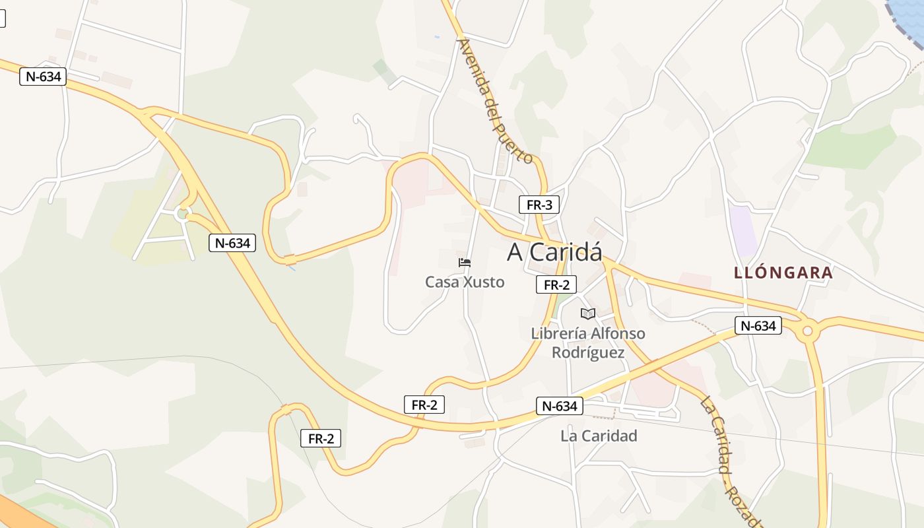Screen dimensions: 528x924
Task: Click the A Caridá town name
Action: [554, 251]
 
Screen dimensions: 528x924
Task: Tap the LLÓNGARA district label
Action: [783, 273]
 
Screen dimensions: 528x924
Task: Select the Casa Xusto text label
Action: [465, 282]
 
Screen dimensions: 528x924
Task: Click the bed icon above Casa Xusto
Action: [465, 262]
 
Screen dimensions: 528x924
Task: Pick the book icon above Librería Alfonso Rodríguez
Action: [588, 313]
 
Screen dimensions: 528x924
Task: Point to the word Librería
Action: [559, 333]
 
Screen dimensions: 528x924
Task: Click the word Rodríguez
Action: [588, 352]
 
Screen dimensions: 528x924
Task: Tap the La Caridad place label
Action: [599, 436]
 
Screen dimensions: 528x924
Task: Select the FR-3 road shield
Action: [539, 205]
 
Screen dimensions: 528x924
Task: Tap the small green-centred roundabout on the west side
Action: [183, 213]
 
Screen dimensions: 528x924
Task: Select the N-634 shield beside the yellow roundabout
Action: [758, 325]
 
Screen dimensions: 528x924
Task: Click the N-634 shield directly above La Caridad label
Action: [560, 406]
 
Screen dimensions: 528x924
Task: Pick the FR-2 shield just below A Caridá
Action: [556, 284]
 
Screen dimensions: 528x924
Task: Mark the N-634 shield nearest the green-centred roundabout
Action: [232, 243]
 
